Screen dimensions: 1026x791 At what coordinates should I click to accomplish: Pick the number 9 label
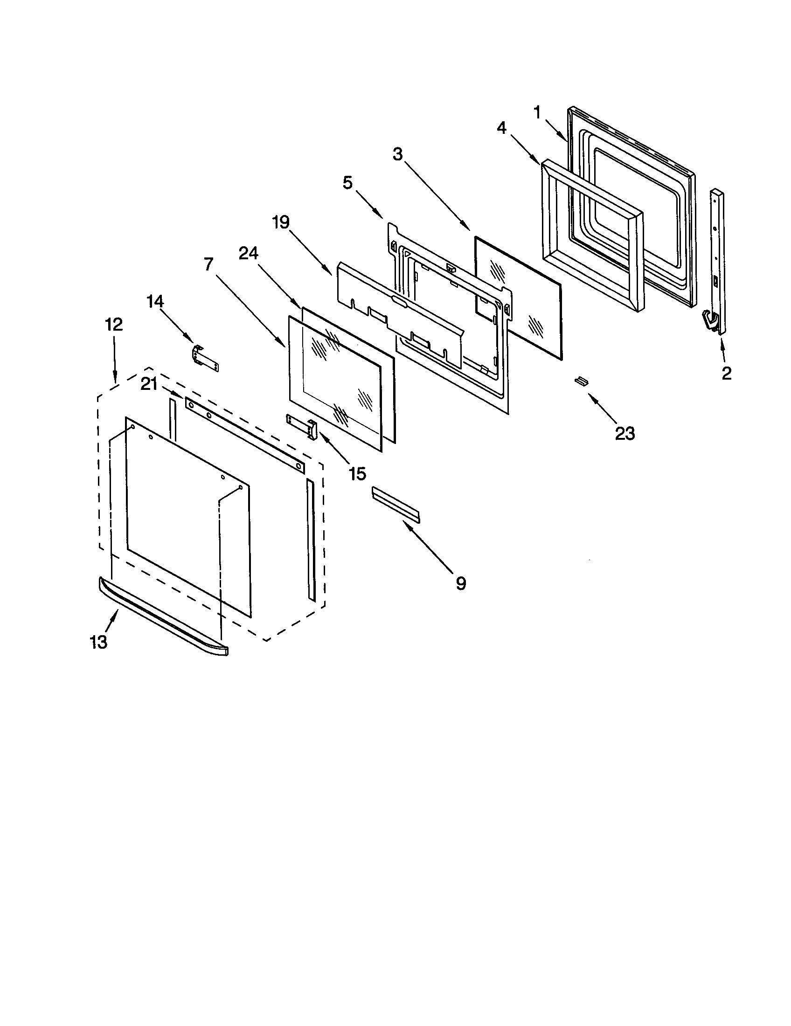coord(460,583)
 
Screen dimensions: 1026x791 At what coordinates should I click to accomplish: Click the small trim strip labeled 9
coord(395,505)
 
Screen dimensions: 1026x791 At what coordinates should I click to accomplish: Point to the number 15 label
coord(357,473)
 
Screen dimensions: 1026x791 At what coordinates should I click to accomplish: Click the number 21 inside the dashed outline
coord(149,384)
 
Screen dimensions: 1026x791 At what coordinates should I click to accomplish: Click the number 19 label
coord(281,222)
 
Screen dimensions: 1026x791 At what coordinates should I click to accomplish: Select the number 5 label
coord(347,182)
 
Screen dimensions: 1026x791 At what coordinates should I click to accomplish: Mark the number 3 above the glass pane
coord(398,154)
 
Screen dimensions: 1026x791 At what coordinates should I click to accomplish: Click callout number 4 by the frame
coord(502,127)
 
